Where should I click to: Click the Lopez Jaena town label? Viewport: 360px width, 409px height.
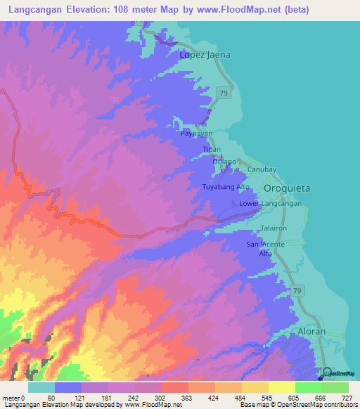pyautogui.click(x=205, y=54)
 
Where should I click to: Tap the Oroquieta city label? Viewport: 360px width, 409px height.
pyautogui.click(x=286, y=189)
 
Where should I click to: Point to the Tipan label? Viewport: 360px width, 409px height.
pyautogui.click(x=212, y=150)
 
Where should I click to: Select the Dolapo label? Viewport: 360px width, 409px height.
pyautogui.click(x=224, y=162)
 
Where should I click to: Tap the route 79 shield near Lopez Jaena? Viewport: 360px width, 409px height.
pyautogui.click(x=223, y=92)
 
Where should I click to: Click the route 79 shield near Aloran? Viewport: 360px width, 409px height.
pyautogui.click(x=298, y=290)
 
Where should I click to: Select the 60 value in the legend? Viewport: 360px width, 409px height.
pyautogui.click(x=51, y=398)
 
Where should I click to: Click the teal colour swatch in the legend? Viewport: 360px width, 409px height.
pyautogui.click(x=41, y=387)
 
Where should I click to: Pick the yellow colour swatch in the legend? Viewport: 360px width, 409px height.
pyautogui.click(x=281, y=387)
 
